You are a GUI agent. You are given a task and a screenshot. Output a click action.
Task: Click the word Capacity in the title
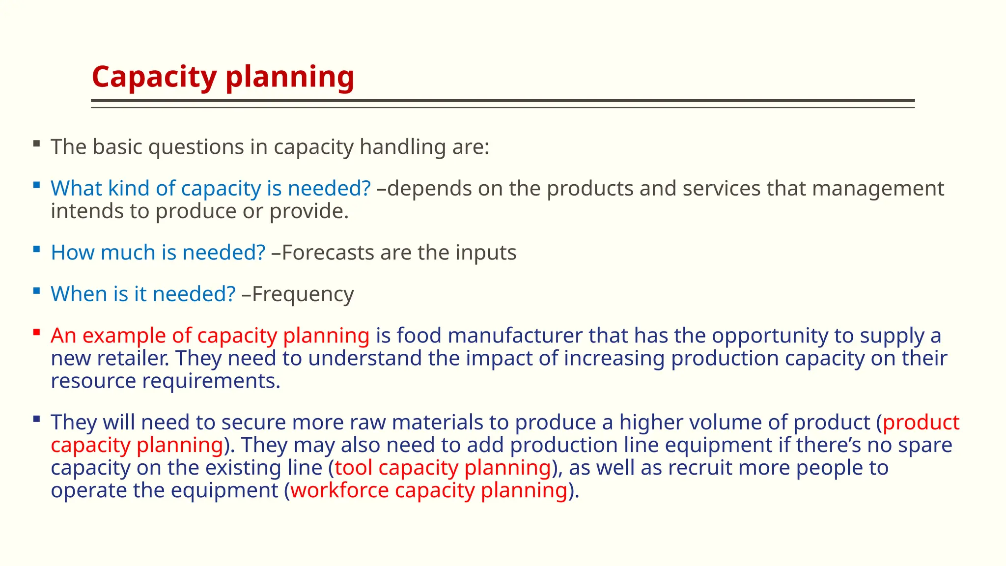pos(154,77)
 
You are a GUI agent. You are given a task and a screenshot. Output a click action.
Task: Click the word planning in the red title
pos(290,77)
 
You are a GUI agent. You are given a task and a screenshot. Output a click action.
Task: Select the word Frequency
pos(303,294)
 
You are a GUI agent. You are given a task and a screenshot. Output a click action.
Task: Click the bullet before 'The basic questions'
pos(37,144)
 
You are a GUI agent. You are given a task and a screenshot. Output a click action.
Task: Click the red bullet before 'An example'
pos(37,333)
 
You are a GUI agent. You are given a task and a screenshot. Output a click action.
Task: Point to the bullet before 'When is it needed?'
pos(37,291)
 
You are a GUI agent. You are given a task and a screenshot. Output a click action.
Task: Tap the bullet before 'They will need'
pos(37,419)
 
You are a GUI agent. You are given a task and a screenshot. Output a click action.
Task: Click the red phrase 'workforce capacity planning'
pos(429,490)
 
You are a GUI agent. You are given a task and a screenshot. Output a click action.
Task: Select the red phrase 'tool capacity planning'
pos(443,468)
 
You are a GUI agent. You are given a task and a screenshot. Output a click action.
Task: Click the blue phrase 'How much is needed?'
pos(158,253)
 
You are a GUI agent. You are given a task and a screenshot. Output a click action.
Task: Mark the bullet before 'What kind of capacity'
pos(37,185)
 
